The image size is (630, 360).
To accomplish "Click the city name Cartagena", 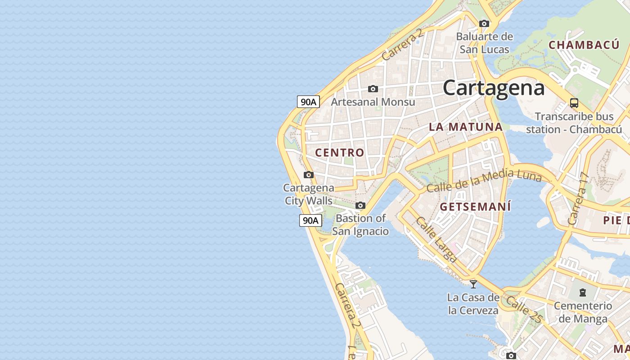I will click(494, 87).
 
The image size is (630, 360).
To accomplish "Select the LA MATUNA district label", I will click(466, 127).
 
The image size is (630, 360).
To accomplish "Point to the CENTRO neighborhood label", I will click(340, 153).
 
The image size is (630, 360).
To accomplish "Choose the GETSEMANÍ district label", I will click(476, 207).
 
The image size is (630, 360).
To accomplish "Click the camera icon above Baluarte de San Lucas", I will click(484, 23).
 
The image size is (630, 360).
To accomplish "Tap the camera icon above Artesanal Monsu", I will click(373, 89).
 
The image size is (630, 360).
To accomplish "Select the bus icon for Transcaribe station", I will click(574, 103).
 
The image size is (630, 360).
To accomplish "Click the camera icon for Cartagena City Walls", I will click(308, 175).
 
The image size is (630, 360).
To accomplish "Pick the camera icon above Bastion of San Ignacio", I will click(360, 206).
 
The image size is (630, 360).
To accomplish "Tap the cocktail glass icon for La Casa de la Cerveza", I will click(473, 284).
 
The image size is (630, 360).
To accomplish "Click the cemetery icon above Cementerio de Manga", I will click(583, 292).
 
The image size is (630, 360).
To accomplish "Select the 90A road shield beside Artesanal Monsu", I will click(308, 102).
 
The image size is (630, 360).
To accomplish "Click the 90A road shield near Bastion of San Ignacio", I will click(310, 220).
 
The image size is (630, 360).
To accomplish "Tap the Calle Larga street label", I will click(436, 239).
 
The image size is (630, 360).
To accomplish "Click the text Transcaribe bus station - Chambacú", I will click(574, 123).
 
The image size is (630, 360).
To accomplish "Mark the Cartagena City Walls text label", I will click(309, 194).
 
